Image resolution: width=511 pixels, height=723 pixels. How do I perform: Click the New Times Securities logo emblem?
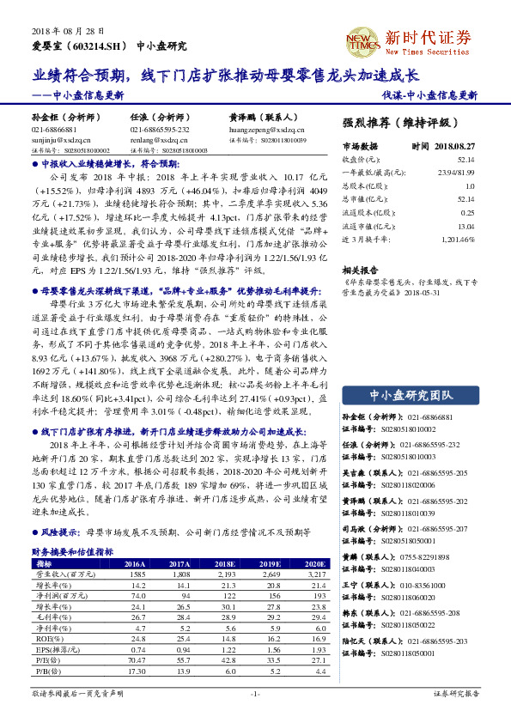[358, 39]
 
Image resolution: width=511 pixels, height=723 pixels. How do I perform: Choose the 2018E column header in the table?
[226, 563]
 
